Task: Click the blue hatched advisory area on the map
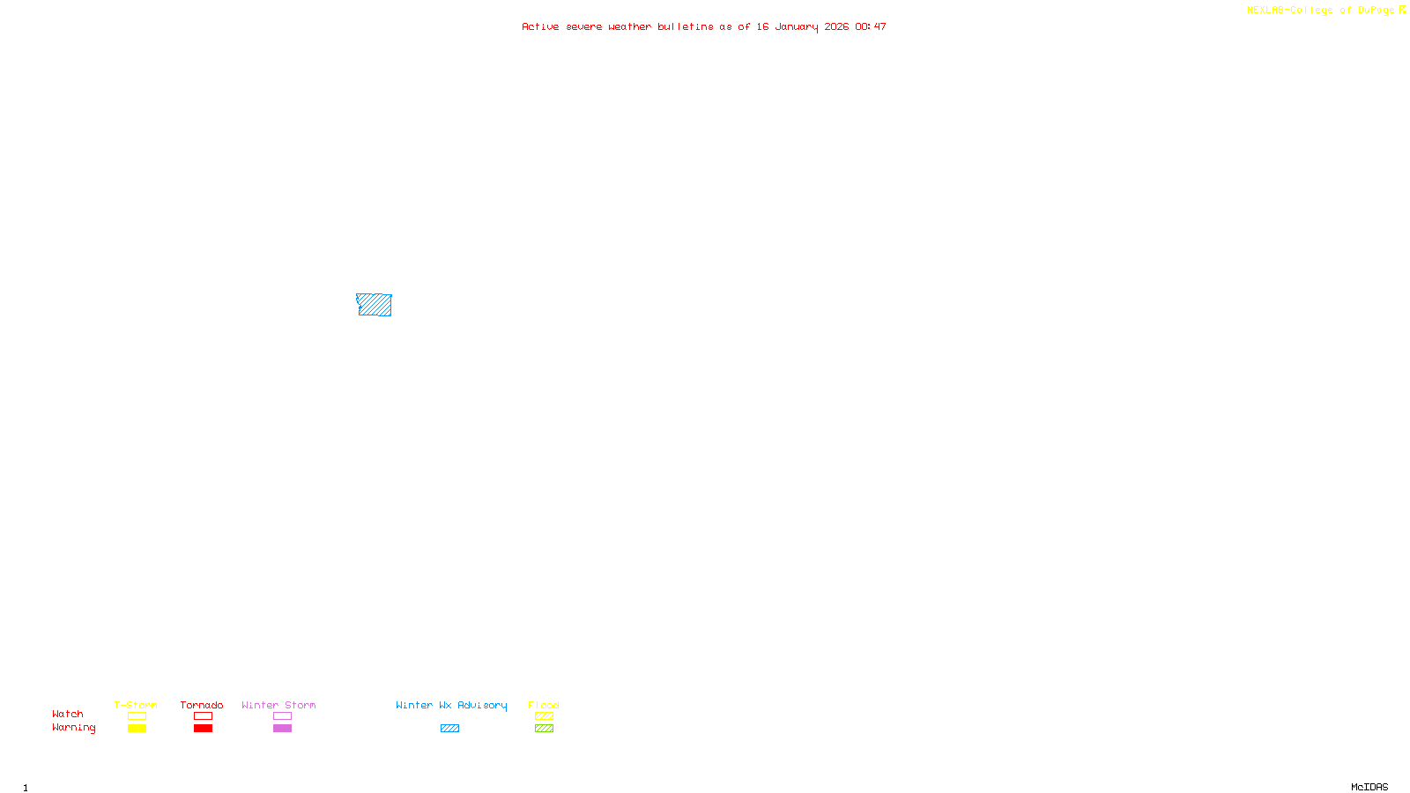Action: pyautogui.click(x=375, y=305)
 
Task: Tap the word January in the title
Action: pyautogui.click(x=796, y=27)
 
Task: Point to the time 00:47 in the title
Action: pyautogui.click(x=870, y=27)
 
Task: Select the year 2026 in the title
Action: pyautogui.click(x=836, y=27)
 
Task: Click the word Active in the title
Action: pyautogui.click(x=539, y=27)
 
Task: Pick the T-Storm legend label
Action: pyautogui.click(x=136, y=705)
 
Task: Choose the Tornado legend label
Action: pyautogui.click(x=202, y=705)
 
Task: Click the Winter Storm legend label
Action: pyautogui.click(x=278, y=705)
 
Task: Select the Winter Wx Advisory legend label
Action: pyautogui.click(x=451, y=705)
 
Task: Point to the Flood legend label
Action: pyautogui.click(x=544, y=705)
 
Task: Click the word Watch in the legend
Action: pyautogui.click(x=68, y=715)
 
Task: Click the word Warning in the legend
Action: pyautogui.click(x=73, y=728)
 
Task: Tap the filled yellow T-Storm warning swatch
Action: pyautogui.click(x=137, y=729)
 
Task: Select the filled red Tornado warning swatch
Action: pyautogui.click(x=203, y=729)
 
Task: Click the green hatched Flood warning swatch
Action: pyautogui.click(x=544, y=729)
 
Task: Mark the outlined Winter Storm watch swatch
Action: pyautogui.click(x=282, y=716)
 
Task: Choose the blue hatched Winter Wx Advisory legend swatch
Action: pyautogui.click(x=449, y=729)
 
